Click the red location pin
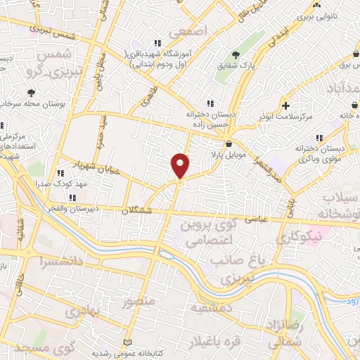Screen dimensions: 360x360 181,165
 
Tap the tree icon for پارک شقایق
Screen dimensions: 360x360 235,56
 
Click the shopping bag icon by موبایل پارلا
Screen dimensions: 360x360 229,144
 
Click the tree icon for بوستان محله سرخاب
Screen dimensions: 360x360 31,92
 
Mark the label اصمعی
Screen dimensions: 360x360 194,33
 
